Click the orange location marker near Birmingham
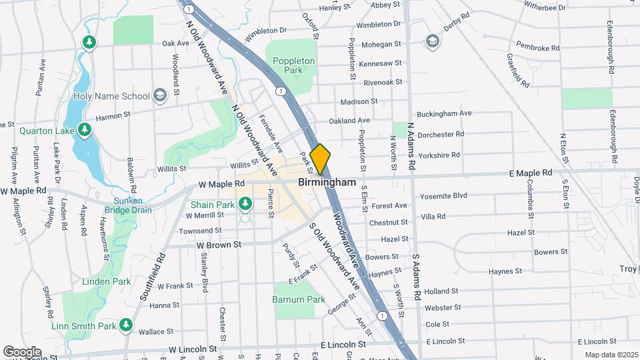(x=320, y=159)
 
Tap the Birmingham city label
(x=327, y=181)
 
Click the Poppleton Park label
(x=293, y=65)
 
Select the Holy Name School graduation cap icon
(x=159, y=95)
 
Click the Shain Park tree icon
(x=245, y=203)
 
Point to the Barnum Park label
(x=299, y=299)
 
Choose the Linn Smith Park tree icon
(x=126, y=325)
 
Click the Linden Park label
(x=106, y=281)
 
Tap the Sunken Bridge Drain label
(x=123, y=205)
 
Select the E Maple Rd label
(x=531, y=173)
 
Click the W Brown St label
(x=218, y=245)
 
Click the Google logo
(x=22, y=351)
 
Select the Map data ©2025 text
(x=611, y=355)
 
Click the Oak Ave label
(x=176, y=43)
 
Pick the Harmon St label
(x=113, y=117)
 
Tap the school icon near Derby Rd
(x=433, y=42)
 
